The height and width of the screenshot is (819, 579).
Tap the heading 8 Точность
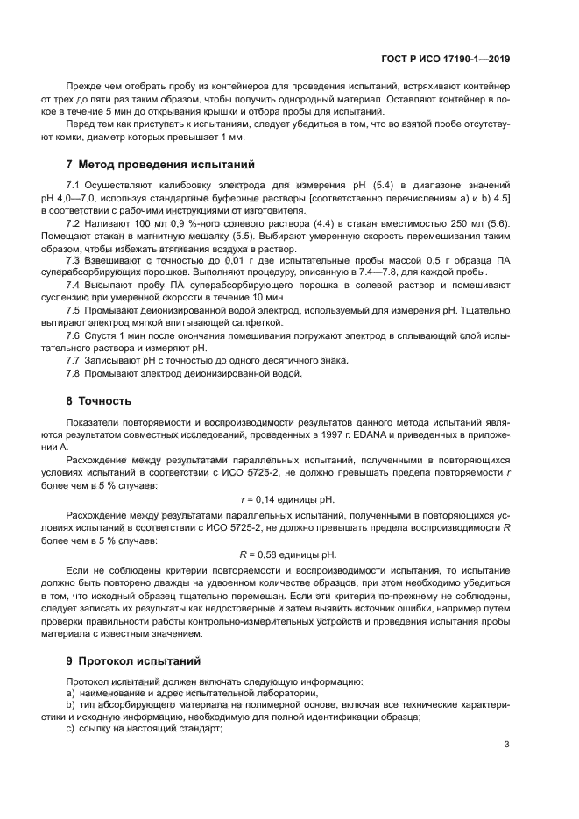99,401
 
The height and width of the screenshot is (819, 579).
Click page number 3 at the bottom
507,745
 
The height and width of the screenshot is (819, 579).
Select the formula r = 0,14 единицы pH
287,498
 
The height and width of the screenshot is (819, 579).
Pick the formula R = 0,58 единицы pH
287,554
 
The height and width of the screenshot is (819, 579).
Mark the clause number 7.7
74,360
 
